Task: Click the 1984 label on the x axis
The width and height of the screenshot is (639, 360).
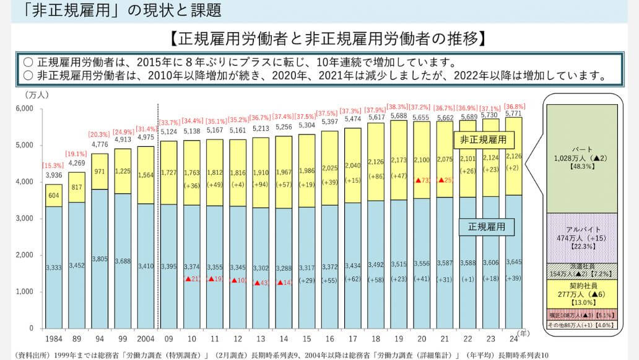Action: point(53,339)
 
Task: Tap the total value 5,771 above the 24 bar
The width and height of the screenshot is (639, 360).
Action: point(513,113)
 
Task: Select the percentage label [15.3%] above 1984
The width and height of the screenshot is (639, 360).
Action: point(53,165)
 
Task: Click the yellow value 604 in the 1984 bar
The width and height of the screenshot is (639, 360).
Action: point(53,195)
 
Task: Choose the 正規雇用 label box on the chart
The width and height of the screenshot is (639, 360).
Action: point(487,227)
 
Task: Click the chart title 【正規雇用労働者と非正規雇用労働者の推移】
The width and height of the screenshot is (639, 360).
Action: point(326,40)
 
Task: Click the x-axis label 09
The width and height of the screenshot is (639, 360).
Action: point(168,339)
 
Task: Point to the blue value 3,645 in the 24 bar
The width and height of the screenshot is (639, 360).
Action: point(513,261)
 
